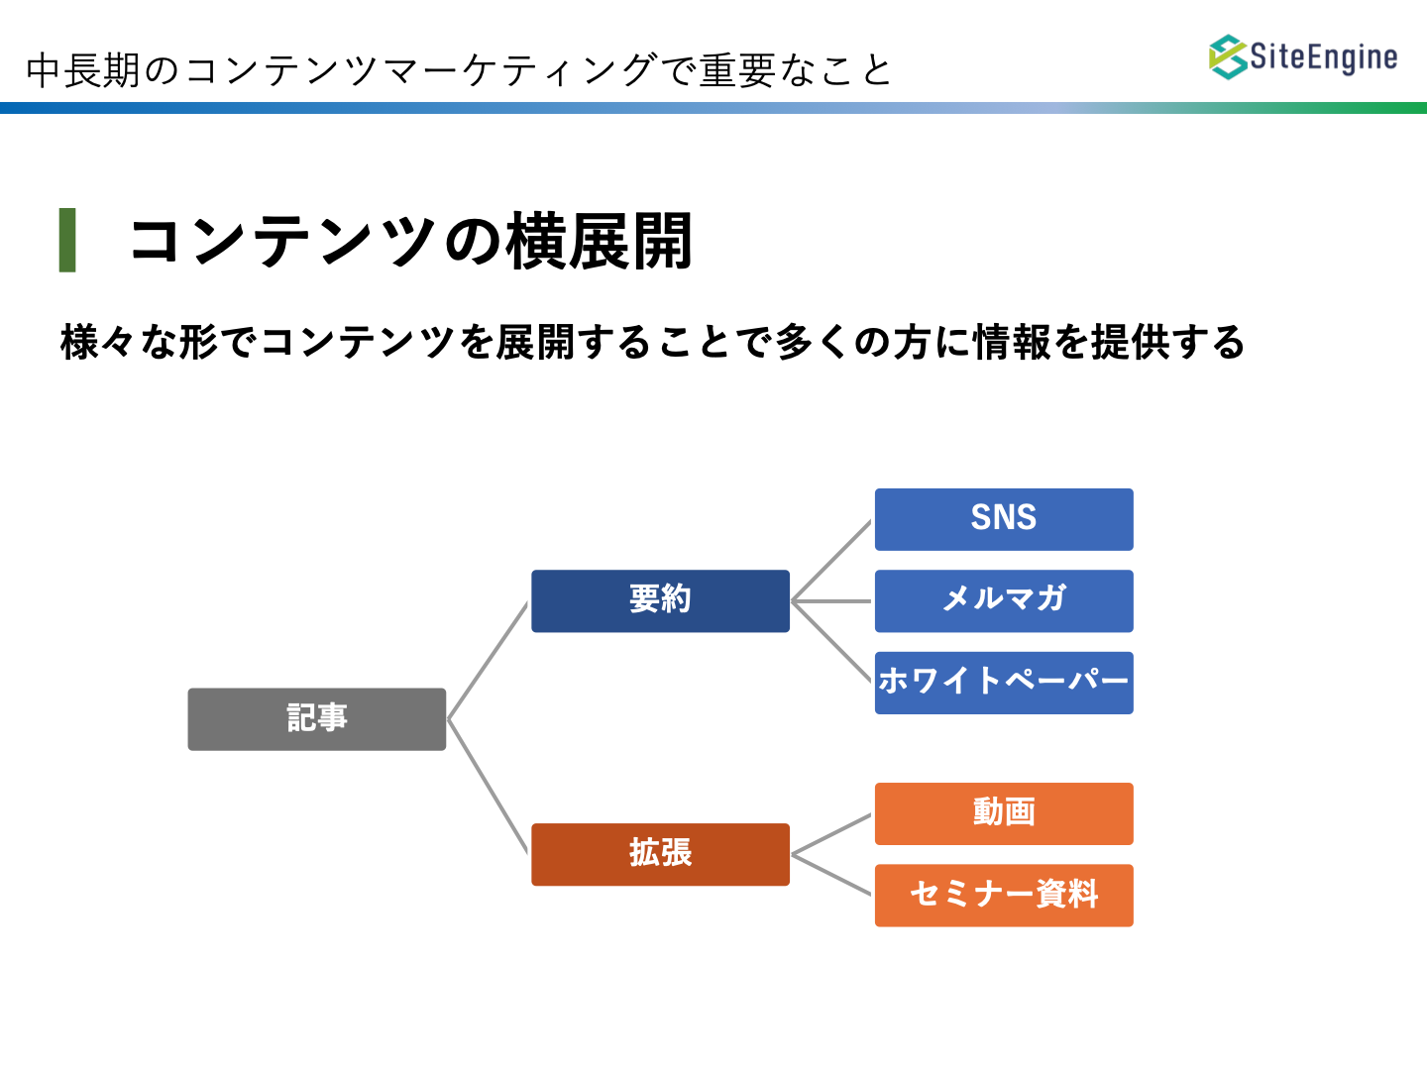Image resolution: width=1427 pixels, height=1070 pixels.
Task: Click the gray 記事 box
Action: pos(316,719)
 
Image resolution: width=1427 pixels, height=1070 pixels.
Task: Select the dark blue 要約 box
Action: pos(660,601)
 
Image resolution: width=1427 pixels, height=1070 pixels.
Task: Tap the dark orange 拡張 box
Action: pos(660,854)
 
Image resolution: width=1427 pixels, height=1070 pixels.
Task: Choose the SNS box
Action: pos(1004,519)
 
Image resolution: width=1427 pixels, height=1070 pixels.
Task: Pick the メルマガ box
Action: pos(1004,601)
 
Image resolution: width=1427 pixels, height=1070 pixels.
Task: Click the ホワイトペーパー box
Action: pos(1004,683)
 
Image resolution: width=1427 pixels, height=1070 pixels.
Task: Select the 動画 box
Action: pos(1004,813)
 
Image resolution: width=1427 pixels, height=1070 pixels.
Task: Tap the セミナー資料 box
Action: pos(1004,896)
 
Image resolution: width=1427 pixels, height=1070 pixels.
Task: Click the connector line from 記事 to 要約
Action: pos(488,661)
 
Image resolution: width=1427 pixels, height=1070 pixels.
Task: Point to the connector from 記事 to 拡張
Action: pos(488,786)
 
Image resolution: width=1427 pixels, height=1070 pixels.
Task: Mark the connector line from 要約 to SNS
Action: pos(831,561)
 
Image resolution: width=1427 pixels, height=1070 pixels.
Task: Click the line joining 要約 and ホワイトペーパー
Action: pos(831,642)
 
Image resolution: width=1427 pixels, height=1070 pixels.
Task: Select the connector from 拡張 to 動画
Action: pos(831,834)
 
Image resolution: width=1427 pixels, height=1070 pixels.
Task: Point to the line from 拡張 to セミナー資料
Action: pos(831,875)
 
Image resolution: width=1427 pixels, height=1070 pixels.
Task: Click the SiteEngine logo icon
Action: pos(1228,57)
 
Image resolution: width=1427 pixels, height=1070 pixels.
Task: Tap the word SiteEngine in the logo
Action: pos(1324,57)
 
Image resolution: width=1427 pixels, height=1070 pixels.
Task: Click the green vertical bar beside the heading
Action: pos(67,240)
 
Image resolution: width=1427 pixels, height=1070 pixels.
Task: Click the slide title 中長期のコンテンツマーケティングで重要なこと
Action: pos(459,70)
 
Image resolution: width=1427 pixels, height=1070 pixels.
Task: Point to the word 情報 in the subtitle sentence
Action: pos(1012,342)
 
